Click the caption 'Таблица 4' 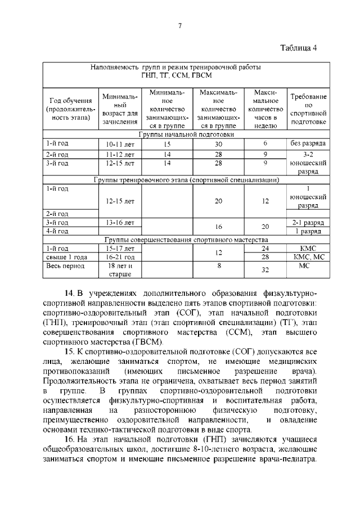point(299,47)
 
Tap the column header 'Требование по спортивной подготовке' point(308,109)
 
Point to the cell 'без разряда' point(308,144)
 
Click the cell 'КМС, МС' point(308,256)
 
